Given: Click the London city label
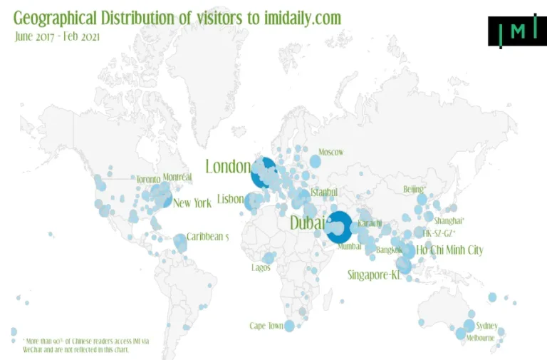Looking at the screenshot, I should coord(227,167).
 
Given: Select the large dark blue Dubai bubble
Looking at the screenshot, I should coord(338,227).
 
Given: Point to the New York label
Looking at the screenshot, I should coord(192,203).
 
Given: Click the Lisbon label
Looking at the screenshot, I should coord(230,200).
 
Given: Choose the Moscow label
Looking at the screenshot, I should coord(330,152).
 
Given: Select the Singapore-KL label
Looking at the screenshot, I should coord(375,274).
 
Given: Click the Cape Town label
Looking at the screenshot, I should coord(266,326).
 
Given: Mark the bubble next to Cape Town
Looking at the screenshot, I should coord(289,326).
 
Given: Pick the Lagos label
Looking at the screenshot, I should coord(261,268).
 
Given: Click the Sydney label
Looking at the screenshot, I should coord(487,326).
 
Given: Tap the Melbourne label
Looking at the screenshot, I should coord(481,338).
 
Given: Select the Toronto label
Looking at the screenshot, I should coord(148,179).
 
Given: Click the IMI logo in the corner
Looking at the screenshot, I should coord(517,31).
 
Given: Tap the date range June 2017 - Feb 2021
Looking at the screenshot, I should coord(58,36).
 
